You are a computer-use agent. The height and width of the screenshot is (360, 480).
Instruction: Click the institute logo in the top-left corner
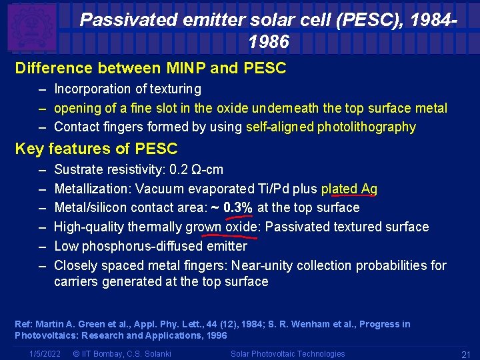pyautogui.click(x=32, y=27)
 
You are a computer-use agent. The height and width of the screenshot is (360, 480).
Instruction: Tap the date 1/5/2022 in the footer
pyautogui.click(x=46, y=354)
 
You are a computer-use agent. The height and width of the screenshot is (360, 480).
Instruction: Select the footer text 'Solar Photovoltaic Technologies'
pyautogui.click(x=287, y=354)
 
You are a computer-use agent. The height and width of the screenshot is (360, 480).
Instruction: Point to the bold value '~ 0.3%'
pyautogui.click(x=231, y=207)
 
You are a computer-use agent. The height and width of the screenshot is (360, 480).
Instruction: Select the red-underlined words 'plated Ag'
pyautogui.click(x=349, y=189)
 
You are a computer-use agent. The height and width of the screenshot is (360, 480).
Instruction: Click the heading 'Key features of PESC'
pyautogui.click(x=96, y=149)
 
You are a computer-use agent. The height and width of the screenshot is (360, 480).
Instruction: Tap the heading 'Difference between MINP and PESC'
pyautogui.click(x=150, y=68)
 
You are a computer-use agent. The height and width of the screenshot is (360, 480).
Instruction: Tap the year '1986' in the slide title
pyautogui.click(x=269, y=42)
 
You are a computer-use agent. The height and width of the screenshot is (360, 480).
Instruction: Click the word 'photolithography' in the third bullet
pyautogui.click(x=365, y=127)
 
